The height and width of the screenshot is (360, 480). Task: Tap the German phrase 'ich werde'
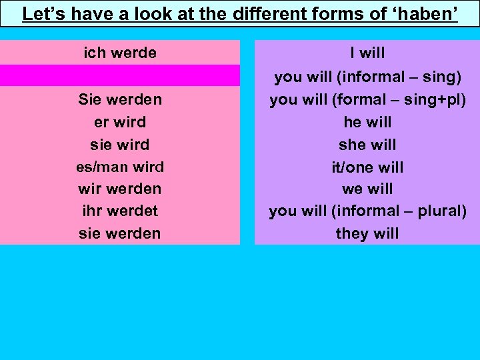pyautogui.click(x=120, y=53)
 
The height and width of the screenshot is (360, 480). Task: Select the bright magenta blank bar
pyautogui.click(x=120, y=75)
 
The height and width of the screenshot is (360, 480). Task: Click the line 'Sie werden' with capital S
pyautogui.click(x=120, y=100)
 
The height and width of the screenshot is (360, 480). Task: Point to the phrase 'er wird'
pyautogui.click(x=120, y=122)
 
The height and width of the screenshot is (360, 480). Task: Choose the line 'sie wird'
pyautogui.click(x=120, y=145)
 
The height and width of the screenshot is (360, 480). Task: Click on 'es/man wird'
pyautogui.click(x=120, y=167)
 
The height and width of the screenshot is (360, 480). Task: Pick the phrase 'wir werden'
pyautogui.click(x=120, y=189)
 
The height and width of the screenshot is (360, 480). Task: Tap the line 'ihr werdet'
pyautogui.click(x=120, y=211)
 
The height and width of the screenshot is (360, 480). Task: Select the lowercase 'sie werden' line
pyautogui.click(x=120, y=233)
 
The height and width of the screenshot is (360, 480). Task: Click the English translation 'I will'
pyautogui.click(x=367, y=53)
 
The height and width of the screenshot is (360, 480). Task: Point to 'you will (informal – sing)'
pyautogui.click(x=367, y=77)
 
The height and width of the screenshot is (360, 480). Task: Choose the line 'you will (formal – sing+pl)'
pyautogui.click(x=367, y=100)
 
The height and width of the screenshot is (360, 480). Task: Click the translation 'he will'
pyautogui.click(x=367, y=122)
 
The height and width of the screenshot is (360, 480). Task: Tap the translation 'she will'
pyautogui.click(x=367, y=145)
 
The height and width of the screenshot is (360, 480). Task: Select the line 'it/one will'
pyautogui.click(x=367, y=167)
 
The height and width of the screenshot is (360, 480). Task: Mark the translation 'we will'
pyautogui.click(x=367, y=189)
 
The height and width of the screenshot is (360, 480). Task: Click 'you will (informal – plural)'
pyautogui.click(x=367, y=211)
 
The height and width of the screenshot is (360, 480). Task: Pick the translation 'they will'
pyautogui.click(x=367, y=233)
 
